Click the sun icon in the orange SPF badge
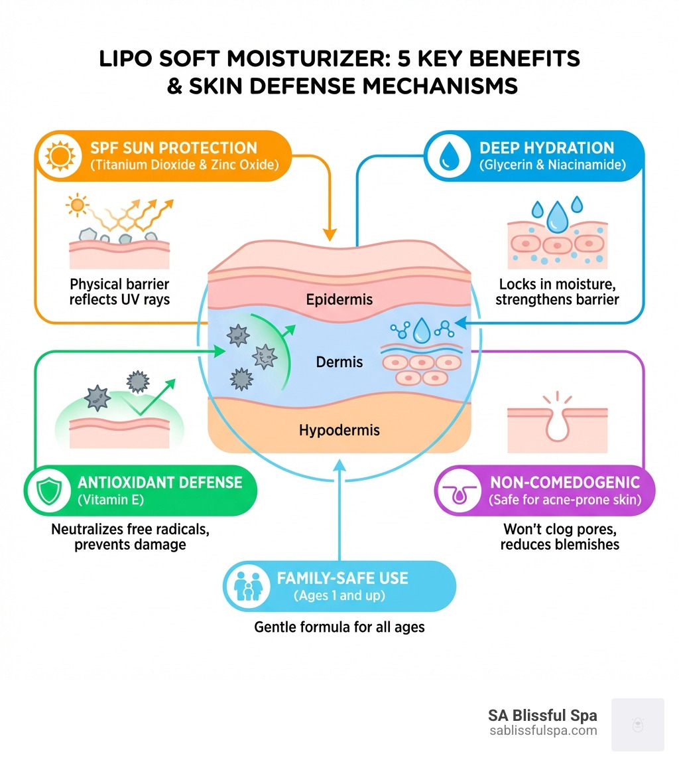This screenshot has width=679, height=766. tap(60, 156)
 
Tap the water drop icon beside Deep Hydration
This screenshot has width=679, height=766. tap(449, 157)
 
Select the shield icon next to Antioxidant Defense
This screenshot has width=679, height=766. tap(49, 491)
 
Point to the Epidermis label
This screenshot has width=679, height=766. tap(339, 299)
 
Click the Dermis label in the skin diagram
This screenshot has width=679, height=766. tap(339, 362)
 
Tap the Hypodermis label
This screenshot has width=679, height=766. tap(339, 430)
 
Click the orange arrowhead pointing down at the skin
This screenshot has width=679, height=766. tap(330, 234)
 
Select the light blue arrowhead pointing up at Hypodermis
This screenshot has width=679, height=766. tap(339, 465)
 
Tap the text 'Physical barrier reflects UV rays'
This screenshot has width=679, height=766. tap(119, 291)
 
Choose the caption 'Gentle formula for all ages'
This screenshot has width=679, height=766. tap(339, 627)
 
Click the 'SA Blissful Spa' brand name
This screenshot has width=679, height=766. tap(542, 715)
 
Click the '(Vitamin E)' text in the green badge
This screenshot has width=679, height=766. tap(111, 500)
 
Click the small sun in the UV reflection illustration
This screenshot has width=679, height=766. tap(77, 205)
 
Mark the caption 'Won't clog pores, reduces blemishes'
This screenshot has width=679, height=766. tap(560, 537)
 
